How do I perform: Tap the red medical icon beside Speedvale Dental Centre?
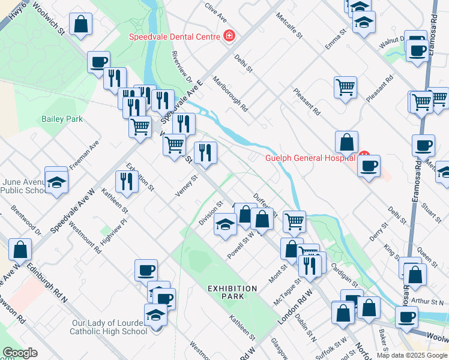pyautogui.click(x=228, y=36)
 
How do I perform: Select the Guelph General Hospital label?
pyautogui.click(x=312, y=158)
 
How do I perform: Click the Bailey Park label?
pyautogui.click(x=62, y=119)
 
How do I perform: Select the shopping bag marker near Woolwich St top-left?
pyautogui.click(x=80, y=25)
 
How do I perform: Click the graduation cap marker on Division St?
pyautogui.click(x=225, y=226)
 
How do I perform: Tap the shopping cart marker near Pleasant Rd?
pyautogui.click(x=346, y=88)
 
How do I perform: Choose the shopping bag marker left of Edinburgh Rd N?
pyautogui.click(x=20, y=251)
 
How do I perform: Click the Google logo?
pyautogui.click(x=20, y=353)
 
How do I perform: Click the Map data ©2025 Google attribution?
pyautogui.click(x=411, y=355)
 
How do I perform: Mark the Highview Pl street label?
pyautogui.click(x=115, y=229)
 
